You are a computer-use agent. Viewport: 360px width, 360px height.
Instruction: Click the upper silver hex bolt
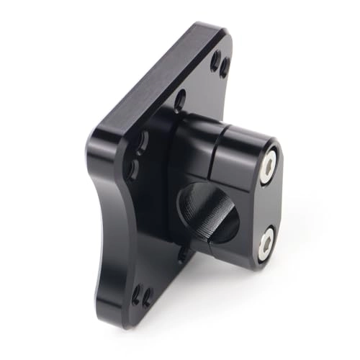click(269, 166)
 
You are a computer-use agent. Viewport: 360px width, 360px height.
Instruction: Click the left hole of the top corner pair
click(215, 60)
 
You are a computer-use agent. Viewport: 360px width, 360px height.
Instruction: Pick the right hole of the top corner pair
click(225, 68)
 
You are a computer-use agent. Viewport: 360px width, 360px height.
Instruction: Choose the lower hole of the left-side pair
click(133, 170)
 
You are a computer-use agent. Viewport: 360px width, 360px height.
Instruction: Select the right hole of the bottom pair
click(148, 297)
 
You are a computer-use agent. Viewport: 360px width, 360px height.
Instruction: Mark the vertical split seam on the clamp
click(217, 148)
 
